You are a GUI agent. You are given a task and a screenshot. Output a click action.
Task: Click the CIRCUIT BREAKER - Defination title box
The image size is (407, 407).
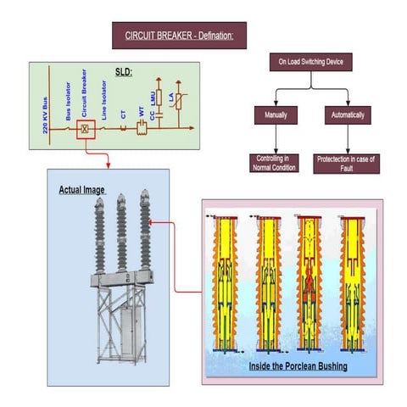[179, 36]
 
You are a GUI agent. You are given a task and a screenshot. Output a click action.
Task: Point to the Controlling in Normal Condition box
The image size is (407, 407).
[274, 162]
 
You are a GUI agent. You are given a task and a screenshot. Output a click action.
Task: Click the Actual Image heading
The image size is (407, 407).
[81, 189]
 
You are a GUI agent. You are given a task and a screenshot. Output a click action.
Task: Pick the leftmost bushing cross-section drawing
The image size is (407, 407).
[226, 284]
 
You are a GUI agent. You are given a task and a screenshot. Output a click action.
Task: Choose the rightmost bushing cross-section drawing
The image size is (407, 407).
[352, 284]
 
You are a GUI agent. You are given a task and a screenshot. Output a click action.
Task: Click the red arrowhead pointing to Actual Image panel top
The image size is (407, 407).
[109, 164]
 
